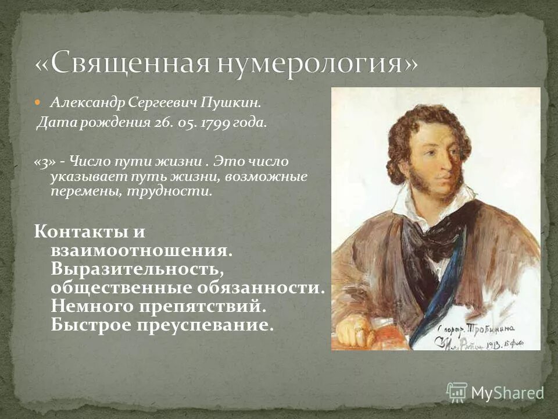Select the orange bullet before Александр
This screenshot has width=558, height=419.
tap(39, 102)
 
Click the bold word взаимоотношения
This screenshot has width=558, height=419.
tap(141, 251)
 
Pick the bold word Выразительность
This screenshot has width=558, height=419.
tap(136, 269)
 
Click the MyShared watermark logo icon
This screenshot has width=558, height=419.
tap(457, 392)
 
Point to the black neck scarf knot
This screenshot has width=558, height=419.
tap(436, 233)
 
